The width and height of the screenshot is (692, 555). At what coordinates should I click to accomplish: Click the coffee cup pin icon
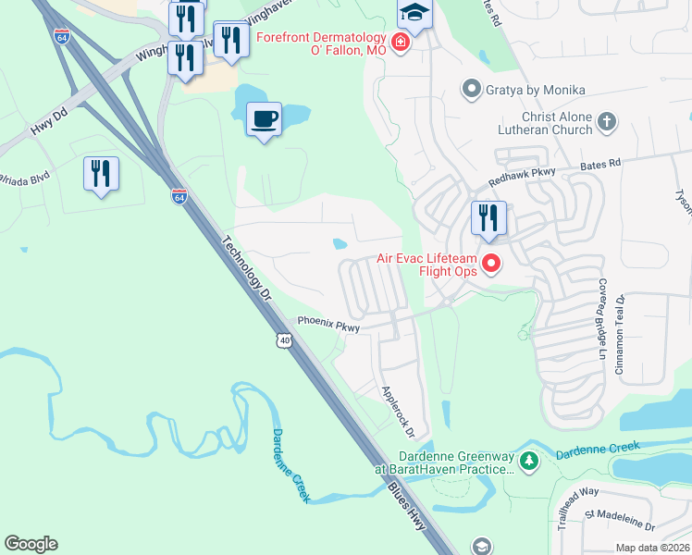(265, 120)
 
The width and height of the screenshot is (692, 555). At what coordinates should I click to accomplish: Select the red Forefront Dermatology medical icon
(400, 43)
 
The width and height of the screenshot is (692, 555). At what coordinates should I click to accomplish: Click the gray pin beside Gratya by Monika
(472, 90)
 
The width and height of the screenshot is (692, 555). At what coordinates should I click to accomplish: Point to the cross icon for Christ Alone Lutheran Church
(606, 122)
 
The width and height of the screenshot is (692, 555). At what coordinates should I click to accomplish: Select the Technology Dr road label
(246, 269)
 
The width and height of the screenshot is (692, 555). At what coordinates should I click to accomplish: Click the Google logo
(31, 544)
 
